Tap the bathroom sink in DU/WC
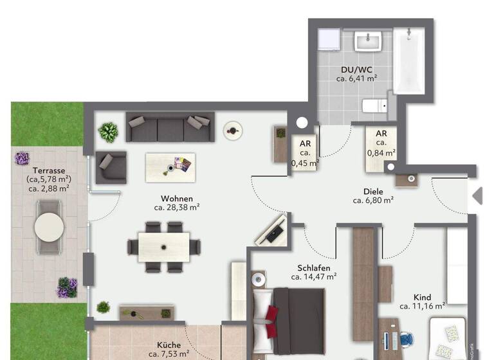[372, 42]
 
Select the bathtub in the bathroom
[409, 61]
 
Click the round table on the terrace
[50, 226]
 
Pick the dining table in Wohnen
[164, 247]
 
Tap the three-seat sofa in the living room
[169, 128]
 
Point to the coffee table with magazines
[170, 167]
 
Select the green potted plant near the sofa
[108, 132]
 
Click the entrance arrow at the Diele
[477, 196]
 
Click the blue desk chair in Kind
[406, 337]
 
